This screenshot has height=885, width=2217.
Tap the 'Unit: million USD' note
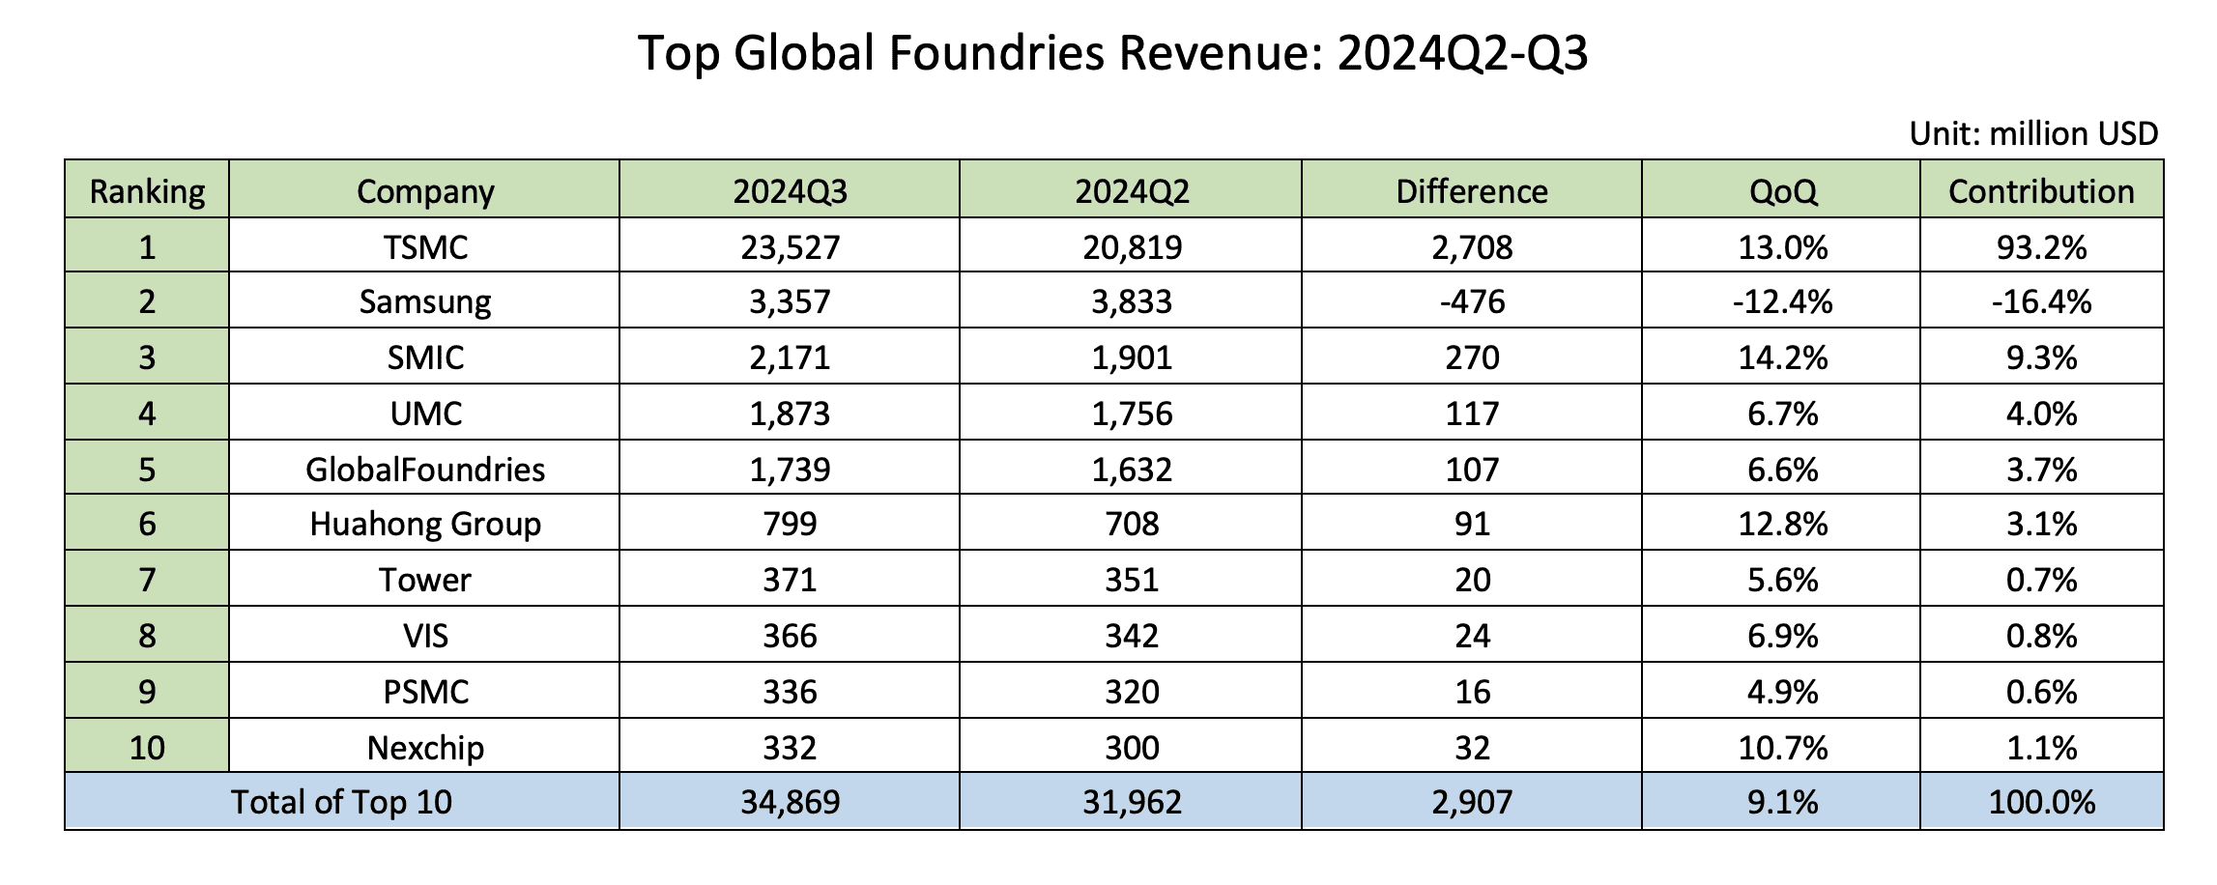coord(2033,133)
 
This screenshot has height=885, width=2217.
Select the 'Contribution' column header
coord(2041,191)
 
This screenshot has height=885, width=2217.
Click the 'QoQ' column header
coord(1783,192)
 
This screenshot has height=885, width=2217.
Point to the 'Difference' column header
coord(1472,191)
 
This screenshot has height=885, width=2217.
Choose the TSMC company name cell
coord(425,247)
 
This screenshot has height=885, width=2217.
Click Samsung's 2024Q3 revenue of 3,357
coord(790,302)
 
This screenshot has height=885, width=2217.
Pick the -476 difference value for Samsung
coord(1472,302)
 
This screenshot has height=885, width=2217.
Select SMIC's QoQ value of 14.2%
coord(1783,358)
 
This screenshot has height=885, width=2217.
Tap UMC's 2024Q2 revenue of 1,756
coord(1132,414)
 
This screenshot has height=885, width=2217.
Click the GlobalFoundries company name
coord(425,470)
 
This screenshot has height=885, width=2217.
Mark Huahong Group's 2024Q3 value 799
coord(790,525)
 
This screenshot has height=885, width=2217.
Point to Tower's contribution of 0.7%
coord(2041,581)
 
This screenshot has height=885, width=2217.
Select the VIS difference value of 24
coord(1472,637)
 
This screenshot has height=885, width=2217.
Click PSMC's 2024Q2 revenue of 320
coord(1132,693)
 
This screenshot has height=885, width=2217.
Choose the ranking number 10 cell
coord(147,748)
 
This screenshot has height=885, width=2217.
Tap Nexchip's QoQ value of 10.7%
coord(1783,748)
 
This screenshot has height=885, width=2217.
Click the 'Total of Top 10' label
coord(341,802)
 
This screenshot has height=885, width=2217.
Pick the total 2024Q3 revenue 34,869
coord(790,803)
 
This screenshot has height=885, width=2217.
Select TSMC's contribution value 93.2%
coord(2041,247)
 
